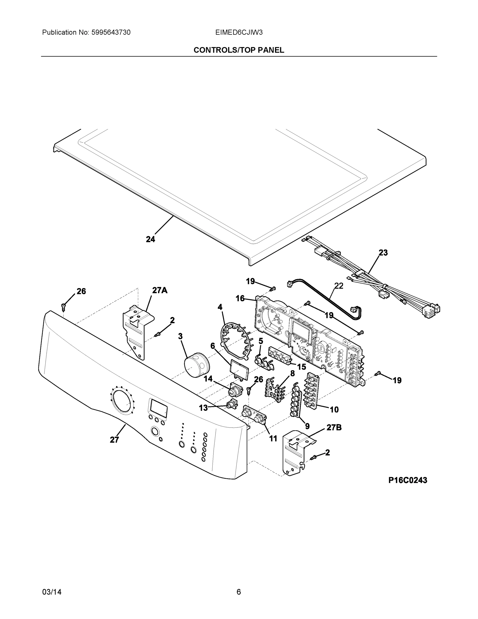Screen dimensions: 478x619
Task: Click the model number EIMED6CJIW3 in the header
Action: [239, 32]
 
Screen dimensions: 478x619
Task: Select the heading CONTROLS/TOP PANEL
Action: [239, 50]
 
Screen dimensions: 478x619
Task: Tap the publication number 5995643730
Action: [111, 32]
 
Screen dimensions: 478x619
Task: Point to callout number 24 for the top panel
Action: [150, 240]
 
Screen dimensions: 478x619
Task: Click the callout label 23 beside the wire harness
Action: [383, 253]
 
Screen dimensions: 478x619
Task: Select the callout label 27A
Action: [160, 290]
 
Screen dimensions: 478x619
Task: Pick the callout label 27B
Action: [334, 428]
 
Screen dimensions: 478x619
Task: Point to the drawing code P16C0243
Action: [407, 480]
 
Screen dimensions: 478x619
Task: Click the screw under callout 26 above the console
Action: [63, 306]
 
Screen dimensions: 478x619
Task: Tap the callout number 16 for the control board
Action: [240, 298]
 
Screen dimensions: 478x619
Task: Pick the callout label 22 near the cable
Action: [339, 286]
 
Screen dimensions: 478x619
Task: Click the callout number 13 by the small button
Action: [203, 408]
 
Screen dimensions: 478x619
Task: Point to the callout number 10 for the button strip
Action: [334, 410]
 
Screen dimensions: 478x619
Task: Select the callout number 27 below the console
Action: [114, 440]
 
